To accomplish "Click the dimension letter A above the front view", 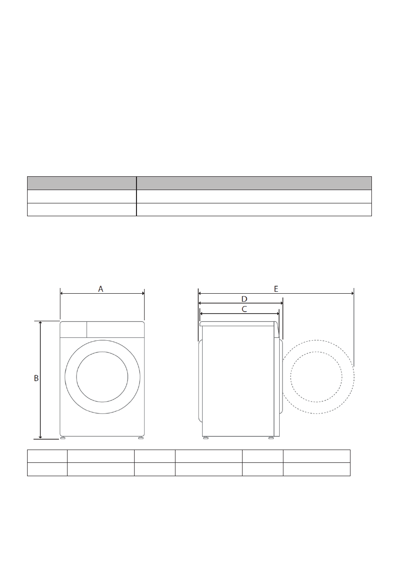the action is tap(101, 289).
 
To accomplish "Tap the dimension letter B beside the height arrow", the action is tap(36, 378).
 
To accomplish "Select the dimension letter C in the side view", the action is tap(244, 309).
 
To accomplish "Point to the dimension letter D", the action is tap(244, 299).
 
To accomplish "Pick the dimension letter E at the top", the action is tap(276, 289).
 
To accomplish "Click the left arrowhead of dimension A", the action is tap(62, 294).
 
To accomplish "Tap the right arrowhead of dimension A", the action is tap(143, 294).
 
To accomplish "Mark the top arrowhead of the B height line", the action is tap(40, 323).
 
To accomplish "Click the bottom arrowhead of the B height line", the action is tap(40, 437).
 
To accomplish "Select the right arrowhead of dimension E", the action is tap(352, 294).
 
